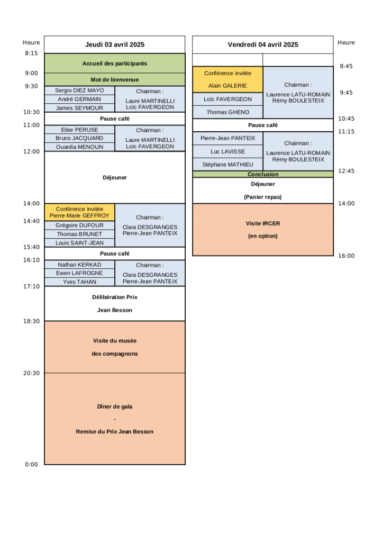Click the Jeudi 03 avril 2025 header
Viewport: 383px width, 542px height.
[115, 44]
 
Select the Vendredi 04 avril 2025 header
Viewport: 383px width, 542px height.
[263, 44]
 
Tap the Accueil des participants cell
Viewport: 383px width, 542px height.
[115, 64]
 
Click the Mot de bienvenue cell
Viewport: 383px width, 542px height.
[115, 79]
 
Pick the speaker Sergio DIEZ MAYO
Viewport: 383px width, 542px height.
[79, 91]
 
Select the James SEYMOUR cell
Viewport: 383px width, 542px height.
[79, 108]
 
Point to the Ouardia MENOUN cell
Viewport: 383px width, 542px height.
[79, 147]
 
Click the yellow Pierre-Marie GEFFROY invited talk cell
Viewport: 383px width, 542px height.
[79, 212]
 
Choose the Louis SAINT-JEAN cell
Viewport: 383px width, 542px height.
[79, 242]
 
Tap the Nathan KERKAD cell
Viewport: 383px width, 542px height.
[79, 265]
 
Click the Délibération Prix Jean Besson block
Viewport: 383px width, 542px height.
[115, 303]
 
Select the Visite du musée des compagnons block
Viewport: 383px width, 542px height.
[115, 347]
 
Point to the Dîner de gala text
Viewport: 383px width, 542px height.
[115, 406]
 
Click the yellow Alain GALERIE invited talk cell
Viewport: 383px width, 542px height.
[227, 79]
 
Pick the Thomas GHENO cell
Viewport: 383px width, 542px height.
[227, 112]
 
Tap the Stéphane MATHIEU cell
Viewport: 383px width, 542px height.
[227, 165]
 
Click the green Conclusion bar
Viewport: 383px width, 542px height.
[263, 174]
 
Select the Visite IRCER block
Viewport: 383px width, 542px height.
[263, 230]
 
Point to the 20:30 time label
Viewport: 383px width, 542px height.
[31, 373]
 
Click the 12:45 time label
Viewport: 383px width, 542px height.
[346, 171]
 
